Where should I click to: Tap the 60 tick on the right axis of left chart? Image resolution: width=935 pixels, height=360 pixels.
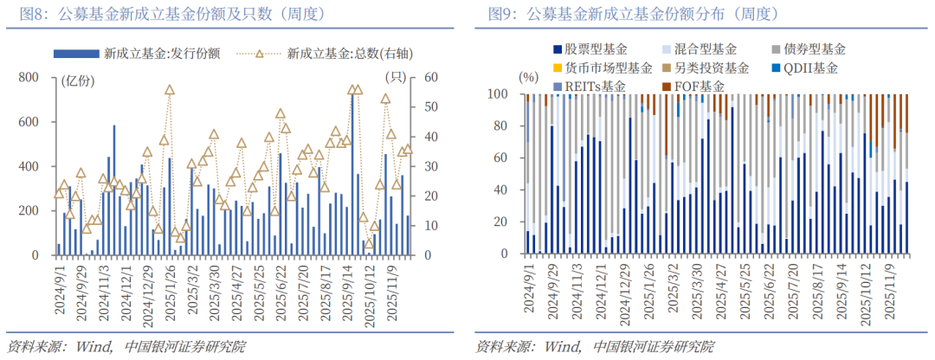428,77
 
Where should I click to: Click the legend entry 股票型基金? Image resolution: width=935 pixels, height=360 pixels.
596,49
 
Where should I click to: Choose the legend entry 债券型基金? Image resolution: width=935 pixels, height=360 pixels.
815,49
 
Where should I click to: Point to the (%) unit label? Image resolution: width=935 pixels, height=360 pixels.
528,76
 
